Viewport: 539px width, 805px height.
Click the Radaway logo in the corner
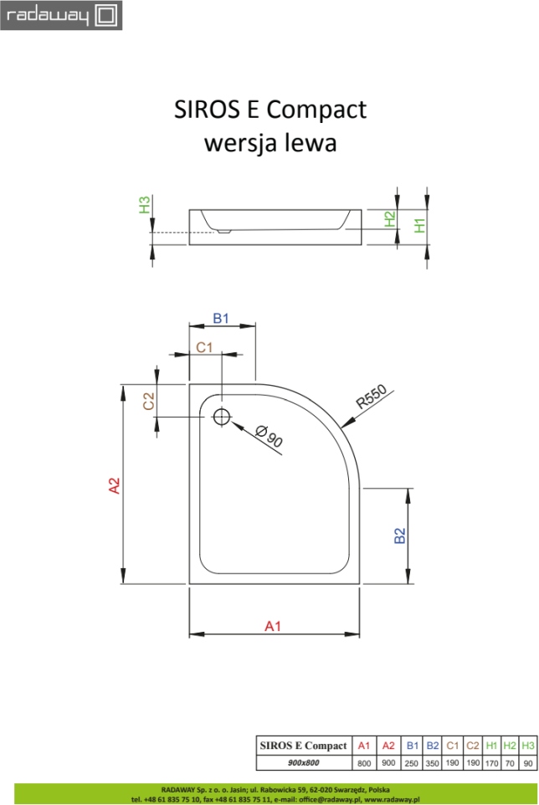(61, 15)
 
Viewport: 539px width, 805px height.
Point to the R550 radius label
(371, 397)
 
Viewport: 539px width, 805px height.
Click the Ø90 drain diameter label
(269, 437)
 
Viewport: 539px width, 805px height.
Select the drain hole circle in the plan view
(222, 417)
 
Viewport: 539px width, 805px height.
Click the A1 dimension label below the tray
(273, 626)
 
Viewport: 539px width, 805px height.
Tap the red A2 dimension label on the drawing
(114, 485)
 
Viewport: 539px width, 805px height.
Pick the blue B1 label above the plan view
(221, 318)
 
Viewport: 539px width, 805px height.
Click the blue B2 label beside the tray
(400, 536)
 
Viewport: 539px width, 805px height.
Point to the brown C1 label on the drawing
(204, 347)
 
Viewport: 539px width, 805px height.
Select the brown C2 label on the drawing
(148, 401)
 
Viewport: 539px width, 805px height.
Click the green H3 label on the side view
(145, 205)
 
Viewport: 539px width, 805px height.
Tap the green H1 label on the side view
(420, 225)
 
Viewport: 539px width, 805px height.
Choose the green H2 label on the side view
(390, 219)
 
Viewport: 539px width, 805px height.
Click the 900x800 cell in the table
(304, 763)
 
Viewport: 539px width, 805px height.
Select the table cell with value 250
(412, 763)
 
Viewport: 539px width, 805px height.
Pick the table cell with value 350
(432, 763)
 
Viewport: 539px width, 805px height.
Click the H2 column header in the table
(510, 746)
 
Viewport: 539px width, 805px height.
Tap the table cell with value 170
(492, 763)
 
